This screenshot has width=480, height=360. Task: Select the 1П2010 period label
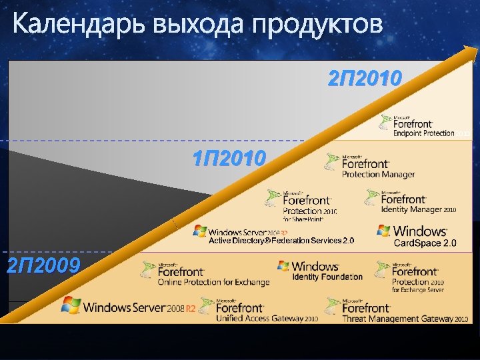click(229, 159)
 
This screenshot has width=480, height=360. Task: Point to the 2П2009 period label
click(43, 266)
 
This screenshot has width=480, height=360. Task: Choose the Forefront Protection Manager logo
click(371, 166)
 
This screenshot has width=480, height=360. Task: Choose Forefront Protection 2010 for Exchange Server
click(421, 277)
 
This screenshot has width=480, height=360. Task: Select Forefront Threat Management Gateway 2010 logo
click(397, 310)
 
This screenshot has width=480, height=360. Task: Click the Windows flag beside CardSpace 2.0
click(383, 231)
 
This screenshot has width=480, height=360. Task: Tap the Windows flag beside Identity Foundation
click(284, 266)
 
